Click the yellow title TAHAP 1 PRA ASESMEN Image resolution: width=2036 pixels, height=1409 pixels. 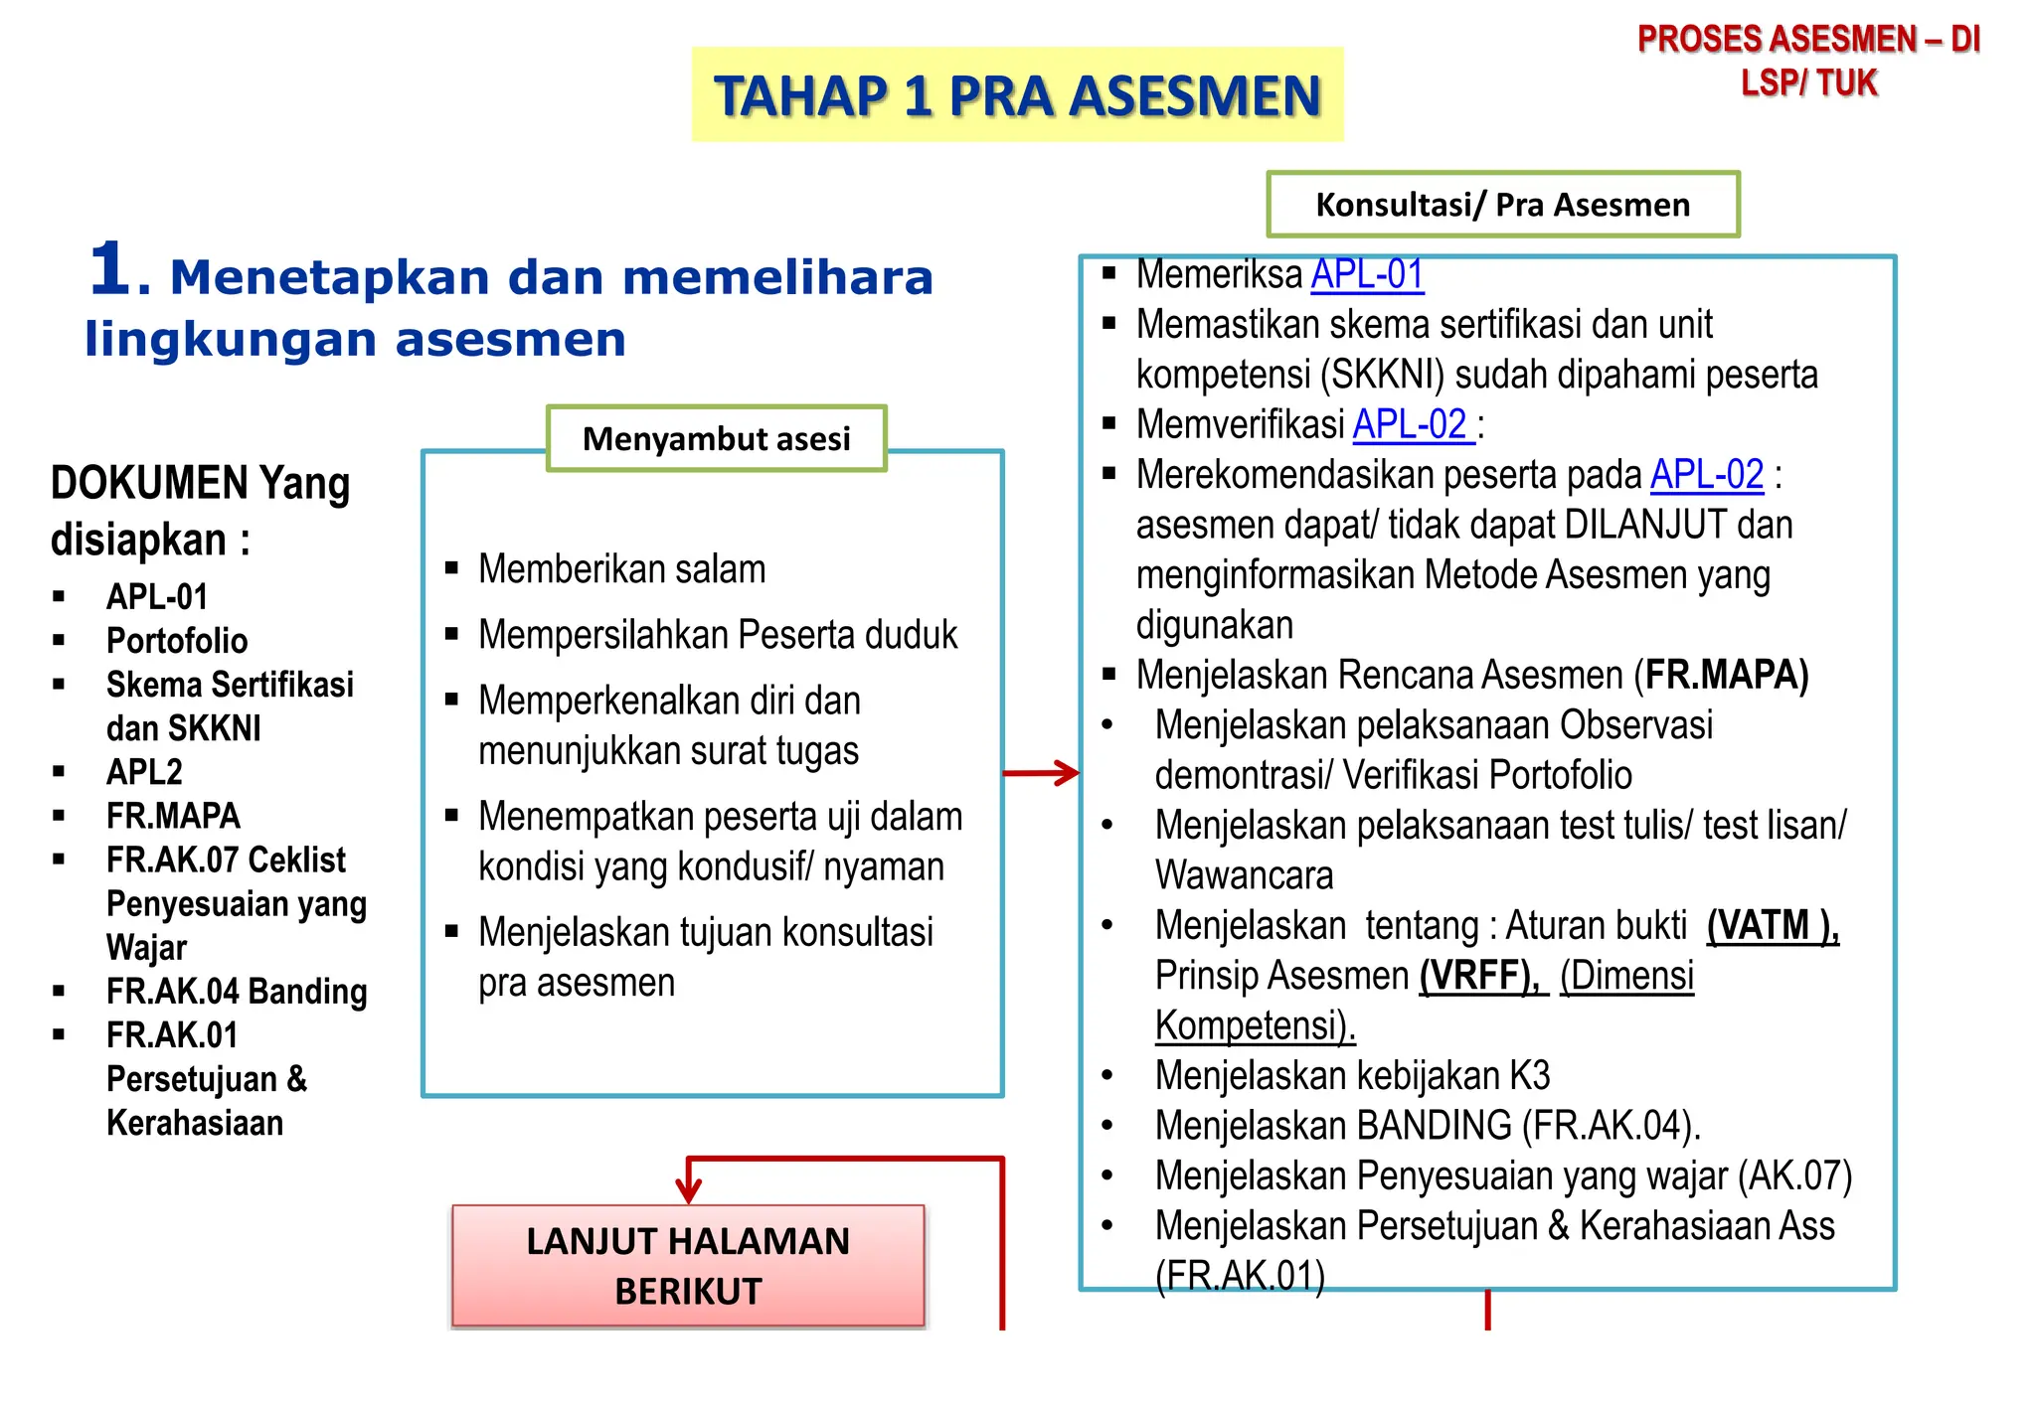point(1017,95)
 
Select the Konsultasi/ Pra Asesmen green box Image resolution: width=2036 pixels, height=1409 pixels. point(1502,205)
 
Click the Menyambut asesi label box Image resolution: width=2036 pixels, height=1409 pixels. point(716,438)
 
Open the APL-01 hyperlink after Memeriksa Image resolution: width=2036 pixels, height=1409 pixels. point(1367,274)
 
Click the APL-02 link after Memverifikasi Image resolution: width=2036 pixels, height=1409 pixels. point(1411,424)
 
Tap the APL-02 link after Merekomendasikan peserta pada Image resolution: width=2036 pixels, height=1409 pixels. point(1707,475)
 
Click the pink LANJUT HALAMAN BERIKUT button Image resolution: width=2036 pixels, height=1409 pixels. point(688,1266)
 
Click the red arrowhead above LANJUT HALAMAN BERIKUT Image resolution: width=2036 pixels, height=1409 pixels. point(688,1188)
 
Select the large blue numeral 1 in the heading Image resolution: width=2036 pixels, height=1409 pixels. point(109,269)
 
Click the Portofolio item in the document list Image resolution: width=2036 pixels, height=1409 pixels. point(177,641)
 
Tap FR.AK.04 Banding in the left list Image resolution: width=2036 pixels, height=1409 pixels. point(237,992)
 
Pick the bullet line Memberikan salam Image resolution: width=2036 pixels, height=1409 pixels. point(621,569)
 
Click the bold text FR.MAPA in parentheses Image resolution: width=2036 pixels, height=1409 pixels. point(1725,675)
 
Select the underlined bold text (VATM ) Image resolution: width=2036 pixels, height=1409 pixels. point(1773,925)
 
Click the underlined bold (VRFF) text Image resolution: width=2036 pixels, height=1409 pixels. point(1479,976)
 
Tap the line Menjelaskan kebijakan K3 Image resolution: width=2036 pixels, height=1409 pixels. point(1352,1076)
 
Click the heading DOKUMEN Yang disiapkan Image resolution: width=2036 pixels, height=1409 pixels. point(200,511)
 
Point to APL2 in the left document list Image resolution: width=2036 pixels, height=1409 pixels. point(144,772)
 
